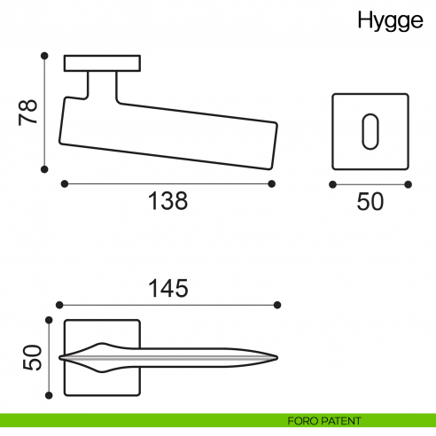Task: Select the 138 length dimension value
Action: pyautogui.click(x=167, y=202)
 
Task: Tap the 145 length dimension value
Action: pyautogui.click(x=167, y=288)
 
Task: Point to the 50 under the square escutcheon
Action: pyautogui.click(x=370, y=202)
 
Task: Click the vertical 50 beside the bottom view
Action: pyautogui.click(x=31, y=357)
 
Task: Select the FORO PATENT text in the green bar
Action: pyautogui.click(x=323, y=420)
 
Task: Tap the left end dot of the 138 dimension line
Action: pyautogui.click(x=65, y=184)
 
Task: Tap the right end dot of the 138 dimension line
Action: pyautogui.click(x=271, y=184)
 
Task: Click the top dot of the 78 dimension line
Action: pyautogui.click(x=43, y=55)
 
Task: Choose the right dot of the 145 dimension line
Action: pyautogui.click(x=278, y=305)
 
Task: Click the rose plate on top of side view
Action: pyautogui.click(x=103, y=63)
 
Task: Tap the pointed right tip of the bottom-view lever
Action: pyautogui.click(x=277, y=358)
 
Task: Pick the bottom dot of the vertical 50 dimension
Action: pyautogui.click(x=47, y=395)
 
